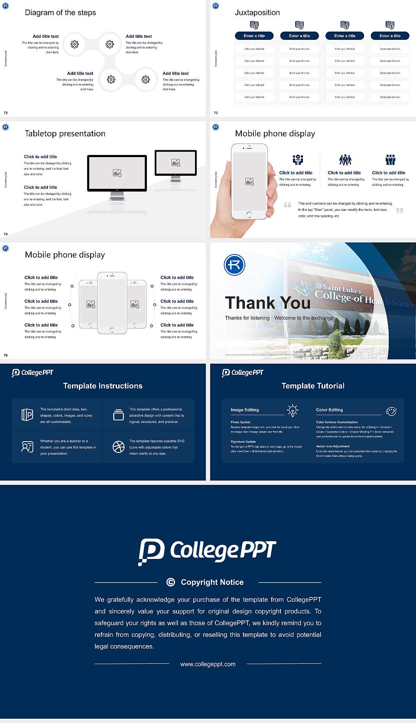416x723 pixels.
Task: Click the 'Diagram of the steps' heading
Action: coord(60,13)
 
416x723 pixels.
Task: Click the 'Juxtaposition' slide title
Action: coord(257,13)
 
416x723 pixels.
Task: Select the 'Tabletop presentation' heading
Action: coord(65,133)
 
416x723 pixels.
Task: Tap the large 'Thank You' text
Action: coord(267,303)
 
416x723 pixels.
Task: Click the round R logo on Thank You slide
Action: coord(234,265)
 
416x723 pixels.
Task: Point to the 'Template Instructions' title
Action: coord(103,386)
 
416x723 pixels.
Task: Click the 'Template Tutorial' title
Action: coord(313,386)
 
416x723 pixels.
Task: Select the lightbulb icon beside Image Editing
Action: coord(292,410)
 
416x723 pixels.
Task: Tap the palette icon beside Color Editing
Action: coord(391,411)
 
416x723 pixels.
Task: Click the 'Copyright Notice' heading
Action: coord(212,582)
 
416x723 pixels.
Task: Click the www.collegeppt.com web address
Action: coord(208,664)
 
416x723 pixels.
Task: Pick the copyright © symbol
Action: coord(171,582)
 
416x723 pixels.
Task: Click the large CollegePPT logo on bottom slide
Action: coord(207,551)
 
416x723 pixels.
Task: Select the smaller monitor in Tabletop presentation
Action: coord(175,163)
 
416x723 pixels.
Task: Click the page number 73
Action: coord(216,113)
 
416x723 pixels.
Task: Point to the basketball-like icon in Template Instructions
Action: coord(118,447)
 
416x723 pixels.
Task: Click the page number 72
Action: coord(6,113)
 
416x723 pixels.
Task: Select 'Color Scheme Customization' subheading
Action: coord(337,422)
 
